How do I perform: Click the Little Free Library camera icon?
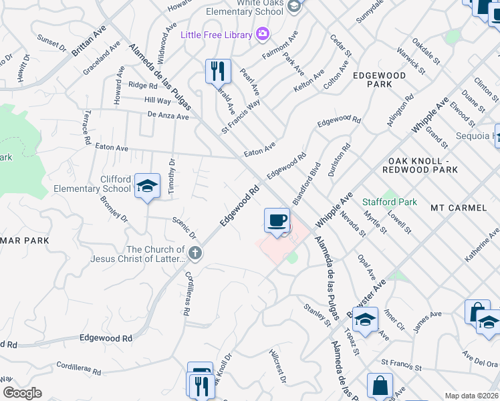pos(263,34)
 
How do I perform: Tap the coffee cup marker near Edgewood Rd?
pos(277,220)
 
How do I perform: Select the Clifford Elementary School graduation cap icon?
pos(147,185)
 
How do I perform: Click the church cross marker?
pos(195,253)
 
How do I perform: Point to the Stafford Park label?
pos(389,202)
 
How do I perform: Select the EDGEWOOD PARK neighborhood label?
pos(380,80)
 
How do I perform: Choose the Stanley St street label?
pos(317,313)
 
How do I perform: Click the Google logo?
pos(22,393)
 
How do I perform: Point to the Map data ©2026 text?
pos(471,396)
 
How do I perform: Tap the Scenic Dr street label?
pos(184,228)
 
